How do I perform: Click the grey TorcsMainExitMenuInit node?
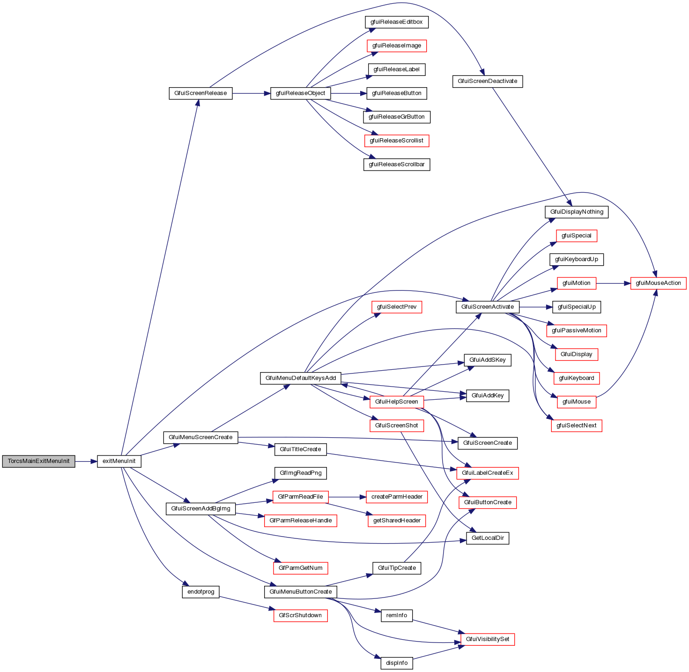pos(38,461)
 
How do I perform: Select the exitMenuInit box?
pos(119,461)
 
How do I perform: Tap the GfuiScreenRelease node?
pos(200,93)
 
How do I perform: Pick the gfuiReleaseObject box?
pos(300,93)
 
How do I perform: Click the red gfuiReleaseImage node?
pos(397,46)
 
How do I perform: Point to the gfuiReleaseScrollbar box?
pos(397,164)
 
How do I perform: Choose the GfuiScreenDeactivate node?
pos(488,81)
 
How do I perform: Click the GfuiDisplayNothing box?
pos(577,212)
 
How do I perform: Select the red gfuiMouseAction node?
pos(658,283)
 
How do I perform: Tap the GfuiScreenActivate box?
pos(488,307)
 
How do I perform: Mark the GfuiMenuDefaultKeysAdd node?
pos(301,378)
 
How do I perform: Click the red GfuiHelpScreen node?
pos(397,402)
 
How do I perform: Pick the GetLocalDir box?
pos(488,538)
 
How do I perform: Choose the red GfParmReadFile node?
pos(300,497)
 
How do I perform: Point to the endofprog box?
pos(201,592)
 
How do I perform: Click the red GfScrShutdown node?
pos(300,615)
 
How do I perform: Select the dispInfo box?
pos(397,663)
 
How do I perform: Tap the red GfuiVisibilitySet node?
pos(488,639)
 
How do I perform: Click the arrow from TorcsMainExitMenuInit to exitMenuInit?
pos(86,462)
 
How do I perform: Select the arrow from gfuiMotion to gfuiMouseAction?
pos(614,283)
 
